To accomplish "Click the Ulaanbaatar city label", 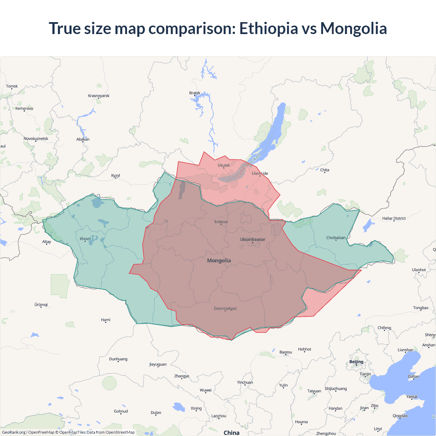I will [252, 239].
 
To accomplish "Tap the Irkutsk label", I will [224, 166].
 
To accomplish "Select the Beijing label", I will [356, 362].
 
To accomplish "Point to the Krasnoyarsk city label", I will [99, 96].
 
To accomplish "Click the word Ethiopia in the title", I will [268, 28].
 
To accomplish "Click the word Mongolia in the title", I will [353, 28].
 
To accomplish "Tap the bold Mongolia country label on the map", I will [219, 261].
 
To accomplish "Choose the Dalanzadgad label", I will [225, 309].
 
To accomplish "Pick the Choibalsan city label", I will [336, 238].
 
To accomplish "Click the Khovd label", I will [85, 239].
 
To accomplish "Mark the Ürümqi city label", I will [41, 305].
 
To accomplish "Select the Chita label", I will [325, 170].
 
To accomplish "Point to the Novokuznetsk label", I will [36, 139].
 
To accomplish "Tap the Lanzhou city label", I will [219, 416].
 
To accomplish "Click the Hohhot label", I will [305, 349].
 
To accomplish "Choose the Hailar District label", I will [394, 218].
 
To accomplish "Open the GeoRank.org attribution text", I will [14, 432].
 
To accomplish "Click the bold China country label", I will [231, 433].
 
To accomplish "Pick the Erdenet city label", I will [221, 222].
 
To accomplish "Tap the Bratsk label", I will [195, 93].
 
